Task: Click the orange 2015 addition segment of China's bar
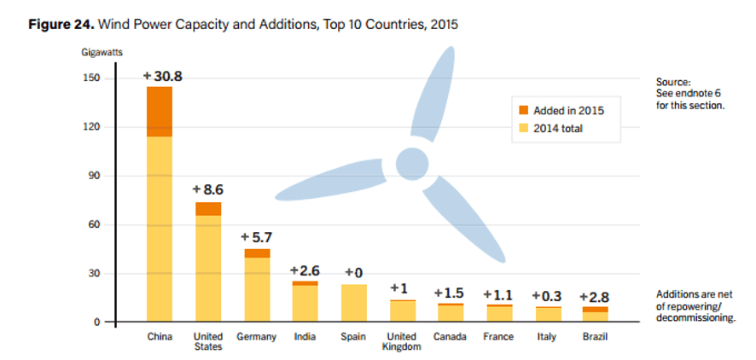click(x=159, y=112)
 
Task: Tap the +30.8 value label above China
click(x=162, y=77)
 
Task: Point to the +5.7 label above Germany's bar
click(x=257, y=237)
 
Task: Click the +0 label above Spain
click(x=353, y=273)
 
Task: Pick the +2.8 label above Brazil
click(x=594, y=296)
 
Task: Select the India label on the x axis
click(x=305, y=337)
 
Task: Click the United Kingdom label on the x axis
click(x=402, y=341)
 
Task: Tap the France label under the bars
click(x=498, y=337)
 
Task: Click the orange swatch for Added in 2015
click(x=524, y=111)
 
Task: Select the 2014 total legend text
click(x=562, y=129)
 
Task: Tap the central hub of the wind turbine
click(x=412, y=162)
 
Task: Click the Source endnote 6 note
click(x=689, y=93)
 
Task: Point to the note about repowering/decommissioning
click(x=695, y=305)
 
